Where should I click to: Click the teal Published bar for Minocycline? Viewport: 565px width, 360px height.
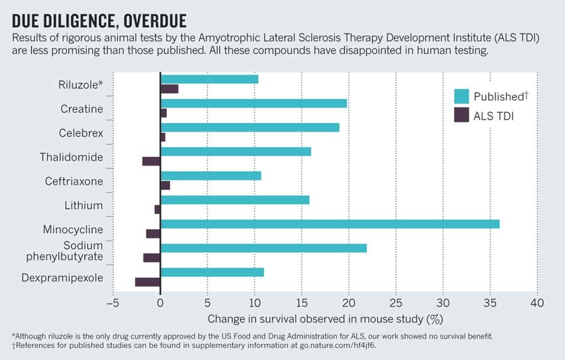pyautogui.click(x=330, y=224)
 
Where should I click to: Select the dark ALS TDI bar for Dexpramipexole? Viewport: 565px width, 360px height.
pyautogui.click(x=148, y=282)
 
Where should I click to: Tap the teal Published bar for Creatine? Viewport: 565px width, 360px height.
pyautogui.click(x=253, y=103)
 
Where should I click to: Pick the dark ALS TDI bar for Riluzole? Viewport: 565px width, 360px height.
pyautogui.click(x=169, y=89)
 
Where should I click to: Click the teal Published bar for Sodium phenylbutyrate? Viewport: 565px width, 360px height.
pyautogui.click(x=263, y=248)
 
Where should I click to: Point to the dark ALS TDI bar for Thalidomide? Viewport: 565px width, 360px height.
pyautogui.click(x=152, y=161)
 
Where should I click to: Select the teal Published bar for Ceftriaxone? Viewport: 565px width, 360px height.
pyautogui.click(x=211, y=175)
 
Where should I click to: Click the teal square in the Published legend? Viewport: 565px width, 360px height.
pyautogui.click(x=461, y=96)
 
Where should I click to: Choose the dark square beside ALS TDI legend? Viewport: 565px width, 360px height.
pyautogui.click(x=461, y=115)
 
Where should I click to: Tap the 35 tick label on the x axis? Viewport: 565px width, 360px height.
pyautogui.click(x=490, y=303)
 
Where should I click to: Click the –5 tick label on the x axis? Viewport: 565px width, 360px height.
pyautogui.click(x=111, y=303)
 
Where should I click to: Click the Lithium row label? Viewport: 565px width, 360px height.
pyautogui.click(x=84, y=205)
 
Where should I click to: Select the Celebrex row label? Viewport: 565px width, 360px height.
pyautogui.click(x=81, y=133)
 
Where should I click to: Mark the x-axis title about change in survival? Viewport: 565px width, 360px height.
pyautogui.click(x=325, y=319)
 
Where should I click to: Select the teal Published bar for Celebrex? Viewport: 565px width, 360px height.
pyautogui.click(x=250, y=127)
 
